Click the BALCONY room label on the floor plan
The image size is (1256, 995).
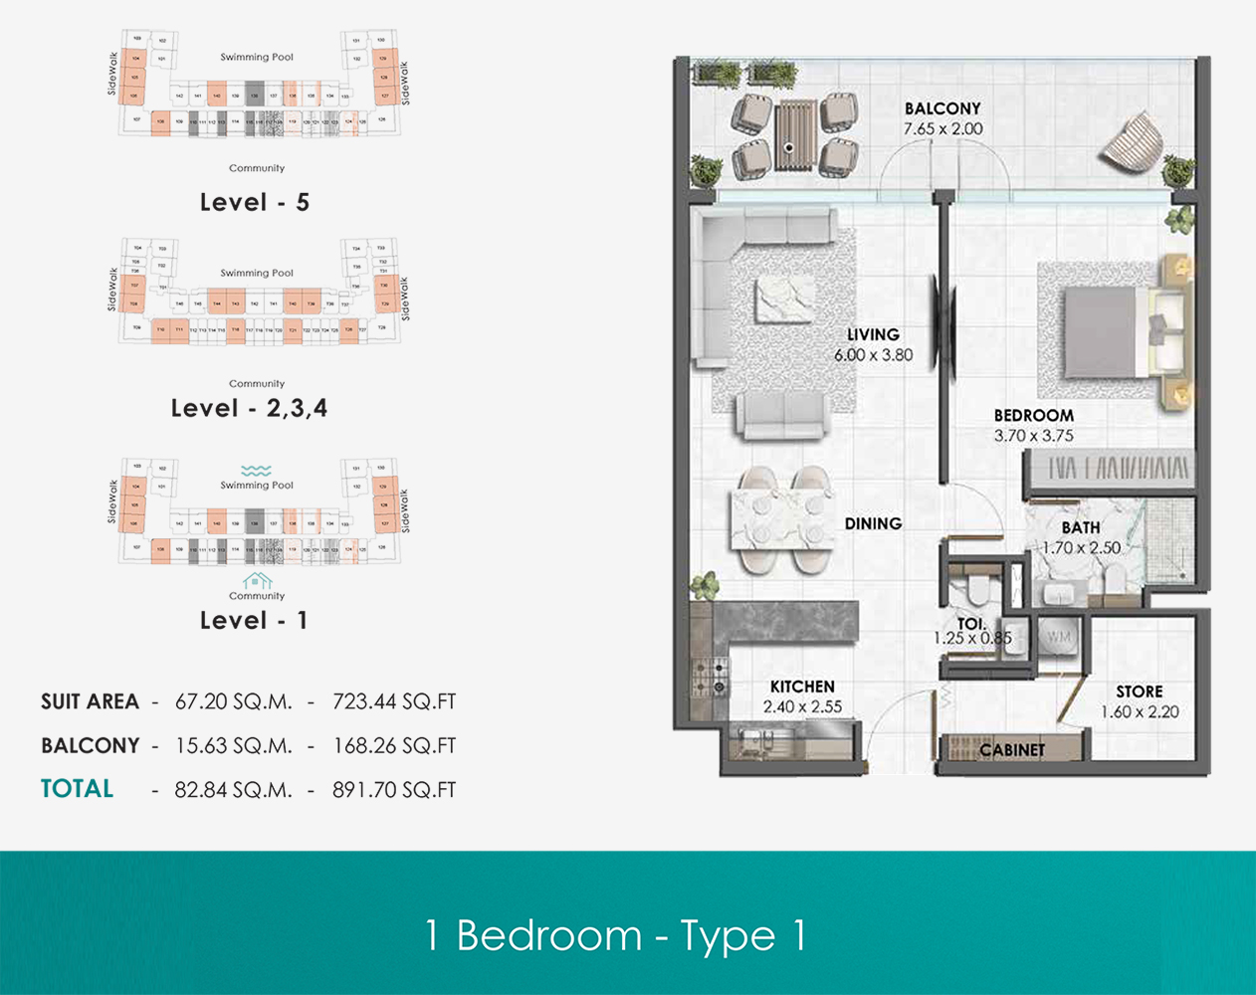pos(942,108)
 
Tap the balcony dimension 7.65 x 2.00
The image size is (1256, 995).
pos(942,129)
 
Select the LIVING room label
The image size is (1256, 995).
pos(873,334)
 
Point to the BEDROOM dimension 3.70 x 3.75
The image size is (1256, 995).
pos(1033,436)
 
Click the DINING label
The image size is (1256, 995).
pos(873,523)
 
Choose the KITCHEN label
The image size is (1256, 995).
pos(802,687)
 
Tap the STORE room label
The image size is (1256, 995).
pos(1139,692)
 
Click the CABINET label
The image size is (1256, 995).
pos(1012,750)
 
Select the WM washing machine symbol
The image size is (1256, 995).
pos(1058,636)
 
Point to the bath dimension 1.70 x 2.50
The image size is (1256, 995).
pos(1081,548)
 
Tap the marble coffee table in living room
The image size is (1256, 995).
pos(784,300)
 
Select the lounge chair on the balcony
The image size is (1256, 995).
pos(1131,142)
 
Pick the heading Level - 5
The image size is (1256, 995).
pos(254,202)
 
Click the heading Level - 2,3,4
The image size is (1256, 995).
pos(249,408)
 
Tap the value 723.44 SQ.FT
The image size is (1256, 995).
pos(394,701)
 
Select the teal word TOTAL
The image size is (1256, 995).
pos(77,789)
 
